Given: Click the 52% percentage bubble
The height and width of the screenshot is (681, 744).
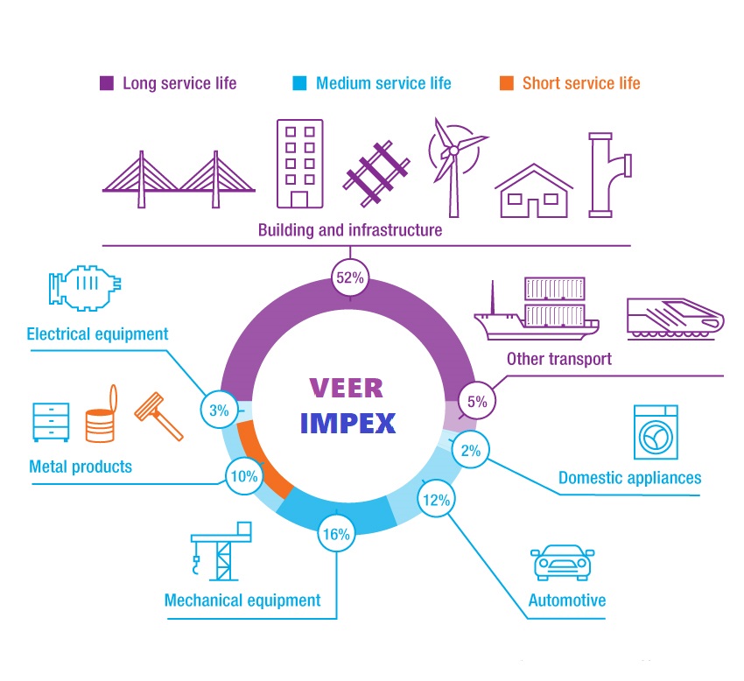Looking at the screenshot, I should [x=350, y=278].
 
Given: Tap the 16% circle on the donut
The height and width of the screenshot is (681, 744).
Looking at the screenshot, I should [x=337, y=534].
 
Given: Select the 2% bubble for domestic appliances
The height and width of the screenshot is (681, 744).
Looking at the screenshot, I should [x=471, y=452].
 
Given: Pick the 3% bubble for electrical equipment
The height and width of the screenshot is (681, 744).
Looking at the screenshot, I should [x=219, y=410].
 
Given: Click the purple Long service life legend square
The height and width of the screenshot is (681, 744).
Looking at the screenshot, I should [x=107, y=84].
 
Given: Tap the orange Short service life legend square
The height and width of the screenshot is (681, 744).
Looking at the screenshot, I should [x=507, y=84].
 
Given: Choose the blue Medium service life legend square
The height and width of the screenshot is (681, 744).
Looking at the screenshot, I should [x=300, y=84].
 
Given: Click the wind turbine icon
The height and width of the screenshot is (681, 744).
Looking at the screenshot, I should [x=453, y=162].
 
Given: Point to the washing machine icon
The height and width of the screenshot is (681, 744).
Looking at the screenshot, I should [x=656, y=432].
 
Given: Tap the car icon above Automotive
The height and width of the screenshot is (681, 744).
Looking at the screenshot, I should [x=565, y=563].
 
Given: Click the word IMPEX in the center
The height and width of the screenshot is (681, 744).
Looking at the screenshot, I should [x=347, y=423].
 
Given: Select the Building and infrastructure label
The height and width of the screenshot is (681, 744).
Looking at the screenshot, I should [x=349, y=230].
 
